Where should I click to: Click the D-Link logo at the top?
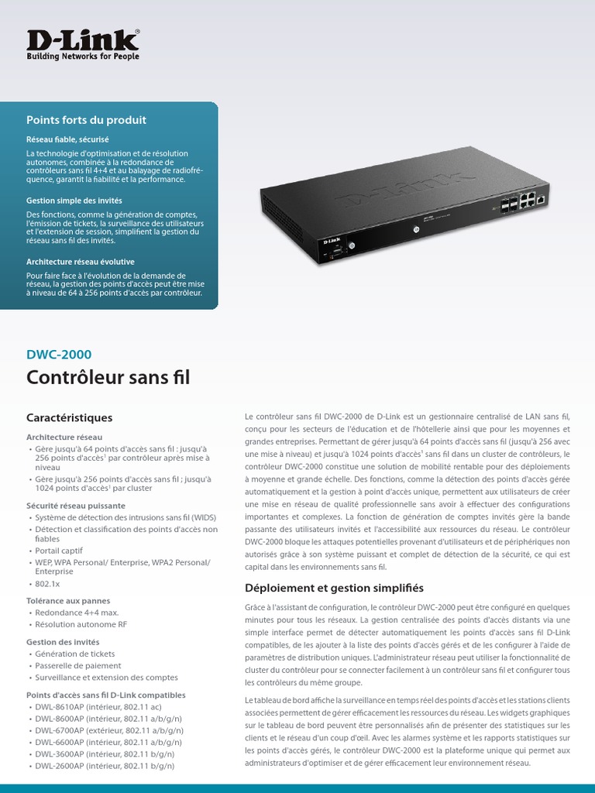(x=83, y=40)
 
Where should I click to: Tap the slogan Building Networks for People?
(x=83, y=57)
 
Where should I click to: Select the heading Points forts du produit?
(x=86, y=120)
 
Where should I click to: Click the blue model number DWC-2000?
(x=59, y=355)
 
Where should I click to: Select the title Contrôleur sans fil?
(x=108, y=378)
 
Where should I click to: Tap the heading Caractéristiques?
(x=69, y=417)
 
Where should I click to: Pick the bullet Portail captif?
(x=61, y=551)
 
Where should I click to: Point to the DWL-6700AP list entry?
(x=108, y=730)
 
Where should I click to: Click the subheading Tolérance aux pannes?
(x=68, y=600)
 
